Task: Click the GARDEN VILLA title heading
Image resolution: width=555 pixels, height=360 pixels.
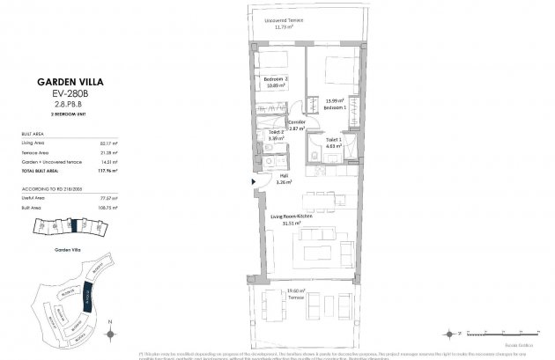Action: (60, 80)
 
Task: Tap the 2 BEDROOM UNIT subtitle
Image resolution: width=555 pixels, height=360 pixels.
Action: (60, 114)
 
